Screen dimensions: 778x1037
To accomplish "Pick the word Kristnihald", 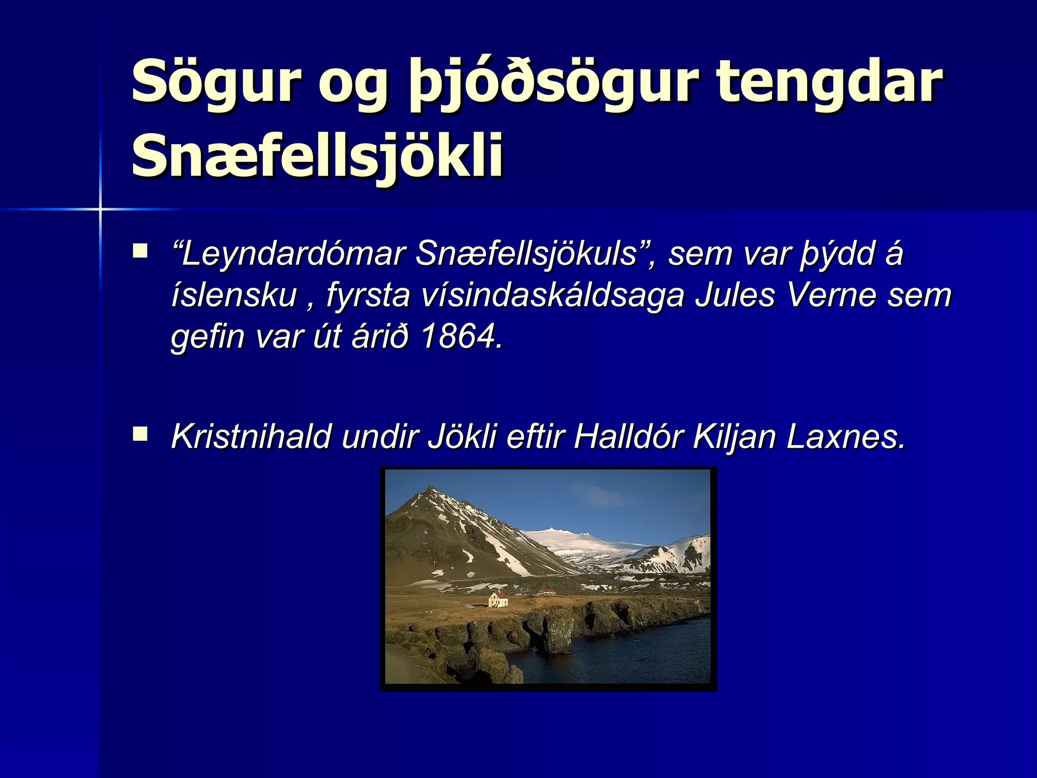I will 251,436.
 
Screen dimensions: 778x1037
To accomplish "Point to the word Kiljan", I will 734,436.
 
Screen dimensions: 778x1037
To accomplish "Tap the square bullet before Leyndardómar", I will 140,251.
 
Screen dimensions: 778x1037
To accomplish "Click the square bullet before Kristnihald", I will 140,434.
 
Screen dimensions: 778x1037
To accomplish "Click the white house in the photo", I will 498,600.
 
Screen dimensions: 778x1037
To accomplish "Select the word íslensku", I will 234,295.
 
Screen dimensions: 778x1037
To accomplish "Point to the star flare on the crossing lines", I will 100,209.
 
